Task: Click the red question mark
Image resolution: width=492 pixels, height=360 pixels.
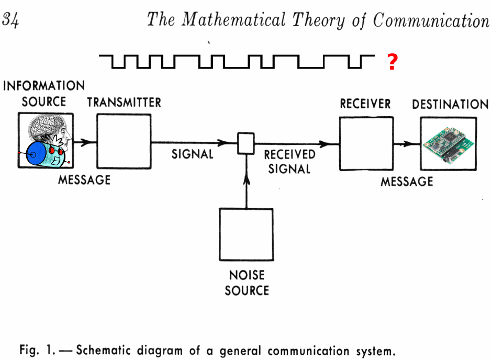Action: pyautogui.click(x=392, y=62)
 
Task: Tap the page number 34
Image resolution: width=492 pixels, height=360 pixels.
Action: pyautogui.click(x=10, y=20)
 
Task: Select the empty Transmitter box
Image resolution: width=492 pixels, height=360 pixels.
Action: pyautogui.click(x=124, y=141)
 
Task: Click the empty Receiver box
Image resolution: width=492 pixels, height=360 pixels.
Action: pyautogui.click(x=366, y=143)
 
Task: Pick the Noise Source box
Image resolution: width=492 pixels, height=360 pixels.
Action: pyautogui.click(x=246, y=234)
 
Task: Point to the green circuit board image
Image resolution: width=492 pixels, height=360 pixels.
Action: pyautogui.click(x=448, y=144)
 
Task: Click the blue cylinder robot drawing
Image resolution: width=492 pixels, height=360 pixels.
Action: pyautogui.click(x=42, y=153)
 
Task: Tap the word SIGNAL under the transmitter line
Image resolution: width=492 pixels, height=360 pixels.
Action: pyautogui.click(x=193, y=154)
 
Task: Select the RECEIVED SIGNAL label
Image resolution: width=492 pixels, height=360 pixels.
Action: pyautogui.click(x=289, y=162)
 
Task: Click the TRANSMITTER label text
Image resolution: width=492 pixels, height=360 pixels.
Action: pyautogui.click(x=124, y=102)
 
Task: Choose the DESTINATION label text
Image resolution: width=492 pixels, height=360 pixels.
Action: pyautogui.click(x=450, y=104)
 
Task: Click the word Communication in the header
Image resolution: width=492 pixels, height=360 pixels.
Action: pyautogui.click(x=431, y=20)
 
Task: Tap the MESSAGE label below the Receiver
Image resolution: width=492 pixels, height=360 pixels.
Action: pyautogui.click(x=407, y=182)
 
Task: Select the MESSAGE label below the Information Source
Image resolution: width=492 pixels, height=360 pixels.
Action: pyautogui.click(x=84, y=180)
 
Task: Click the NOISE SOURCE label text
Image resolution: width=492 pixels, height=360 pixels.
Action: pyautogui.click(x=247, y=282)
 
